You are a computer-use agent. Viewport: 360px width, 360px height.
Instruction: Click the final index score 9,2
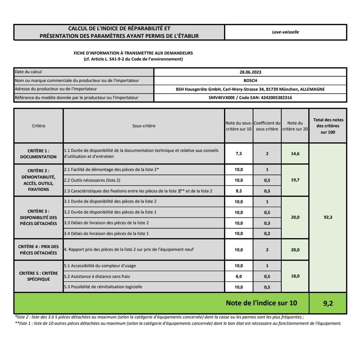click(328, 303)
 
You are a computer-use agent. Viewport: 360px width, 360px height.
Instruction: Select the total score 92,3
click(328, 217)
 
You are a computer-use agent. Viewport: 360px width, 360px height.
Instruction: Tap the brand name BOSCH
click(250, 80)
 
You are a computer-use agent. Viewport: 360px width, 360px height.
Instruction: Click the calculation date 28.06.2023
click(250, 72)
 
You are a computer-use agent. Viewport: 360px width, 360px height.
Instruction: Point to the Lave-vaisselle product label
click(285, 32)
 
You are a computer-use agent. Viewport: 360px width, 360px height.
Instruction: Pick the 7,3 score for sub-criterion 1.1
click(238, 154)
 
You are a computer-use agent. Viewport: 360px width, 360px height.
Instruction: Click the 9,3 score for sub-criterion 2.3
click(238, 191)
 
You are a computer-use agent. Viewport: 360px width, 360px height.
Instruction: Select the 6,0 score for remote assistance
click(238, 276)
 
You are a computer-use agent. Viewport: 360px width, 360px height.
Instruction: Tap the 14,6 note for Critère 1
click(295, 154)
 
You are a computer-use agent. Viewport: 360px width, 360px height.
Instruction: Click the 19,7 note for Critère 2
click(295, 180)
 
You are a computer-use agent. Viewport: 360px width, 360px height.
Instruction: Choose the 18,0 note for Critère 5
click(295, 276)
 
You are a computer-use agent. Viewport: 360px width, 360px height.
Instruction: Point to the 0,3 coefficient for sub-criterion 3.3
click(267, 223)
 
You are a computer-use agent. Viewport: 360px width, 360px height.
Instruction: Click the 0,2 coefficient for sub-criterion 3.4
click(267, 233)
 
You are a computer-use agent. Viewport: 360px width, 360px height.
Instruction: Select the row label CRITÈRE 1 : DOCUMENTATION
click(38, 154)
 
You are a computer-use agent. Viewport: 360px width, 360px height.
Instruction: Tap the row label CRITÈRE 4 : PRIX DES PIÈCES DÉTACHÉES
click(38, 250)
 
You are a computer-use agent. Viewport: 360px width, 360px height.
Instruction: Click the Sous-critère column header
click(144, 126)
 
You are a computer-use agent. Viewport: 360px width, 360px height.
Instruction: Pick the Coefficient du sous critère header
click(267, 126)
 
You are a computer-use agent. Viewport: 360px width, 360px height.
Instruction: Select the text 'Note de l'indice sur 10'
click(261, 303)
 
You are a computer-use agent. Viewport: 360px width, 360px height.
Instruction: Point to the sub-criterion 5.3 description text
click(103, 287)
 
